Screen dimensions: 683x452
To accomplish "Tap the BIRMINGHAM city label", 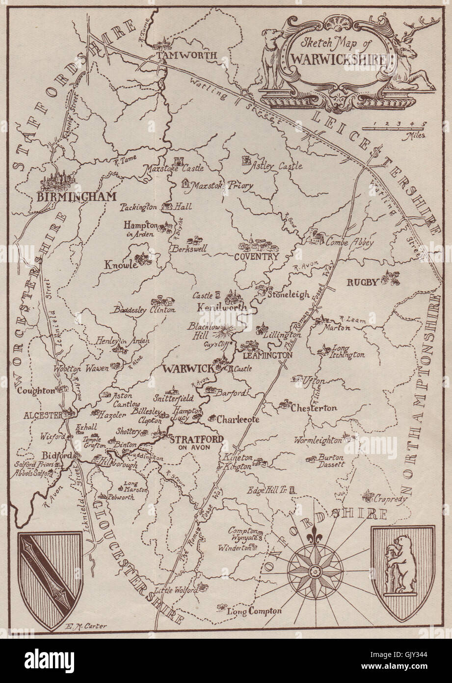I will pos(76,197).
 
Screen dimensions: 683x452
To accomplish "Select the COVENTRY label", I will pos(256,256).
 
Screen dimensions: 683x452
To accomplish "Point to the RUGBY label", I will pos(363,282).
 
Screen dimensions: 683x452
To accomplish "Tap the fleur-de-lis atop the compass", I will pos(310,537).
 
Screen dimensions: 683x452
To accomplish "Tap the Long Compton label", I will pos(254,611).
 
